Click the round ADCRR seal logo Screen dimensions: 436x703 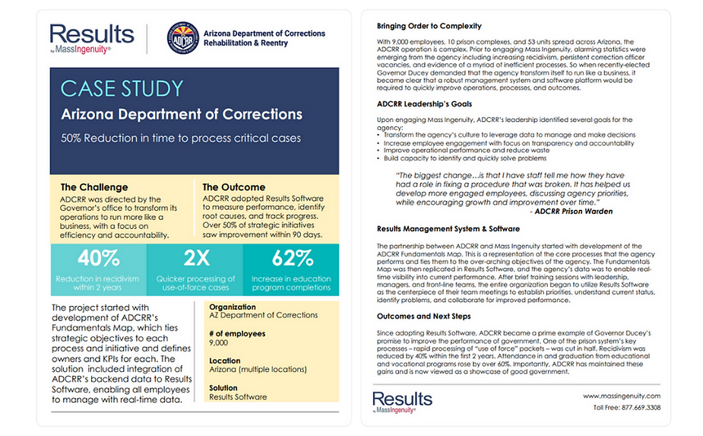(182, 39)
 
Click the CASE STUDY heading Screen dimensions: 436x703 (122, 88)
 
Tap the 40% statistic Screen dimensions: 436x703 (99, 258)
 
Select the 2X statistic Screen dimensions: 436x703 (195, 258)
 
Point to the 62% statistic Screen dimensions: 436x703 (292, 258)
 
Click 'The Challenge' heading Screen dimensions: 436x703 (94, 187)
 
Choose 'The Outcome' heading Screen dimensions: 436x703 (234, 187)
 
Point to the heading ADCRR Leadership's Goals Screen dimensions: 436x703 (425, 103)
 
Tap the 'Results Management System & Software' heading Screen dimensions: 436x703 (448, 228)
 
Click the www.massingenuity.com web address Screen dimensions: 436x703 (622, 396)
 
